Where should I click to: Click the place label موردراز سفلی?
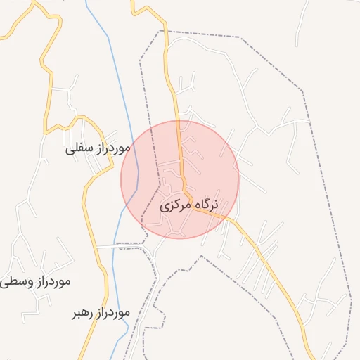point(99,148)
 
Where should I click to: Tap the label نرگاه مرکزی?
point(190,206)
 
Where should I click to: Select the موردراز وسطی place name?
point(35,281)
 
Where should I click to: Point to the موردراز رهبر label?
point(101,311)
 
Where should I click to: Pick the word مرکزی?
point(174,207)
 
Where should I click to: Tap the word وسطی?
point(13,282)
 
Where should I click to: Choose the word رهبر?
point(82,312)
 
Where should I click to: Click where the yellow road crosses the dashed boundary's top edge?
point(167,32)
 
